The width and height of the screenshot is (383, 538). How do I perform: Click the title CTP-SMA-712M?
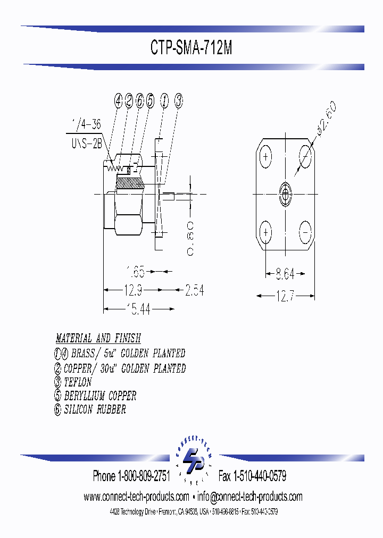191,48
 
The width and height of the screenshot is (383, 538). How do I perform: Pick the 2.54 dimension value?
194,290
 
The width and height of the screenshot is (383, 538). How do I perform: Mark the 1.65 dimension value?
136,272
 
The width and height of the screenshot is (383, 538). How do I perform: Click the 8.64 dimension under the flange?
286,275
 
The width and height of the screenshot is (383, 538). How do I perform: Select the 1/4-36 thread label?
86,126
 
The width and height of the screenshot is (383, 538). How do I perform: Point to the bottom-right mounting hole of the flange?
305,233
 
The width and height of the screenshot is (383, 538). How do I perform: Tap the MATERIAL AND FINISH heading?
98,339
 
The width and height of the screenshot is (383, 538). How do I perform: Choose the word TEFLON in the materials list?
78,382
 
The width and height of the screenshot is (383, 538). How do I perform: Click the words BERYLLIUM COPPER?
100,396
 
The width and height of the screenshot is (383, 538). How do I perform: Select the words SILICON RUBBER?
95,410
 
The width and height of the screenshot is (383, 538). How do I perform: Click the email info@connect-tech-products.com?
250,497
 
